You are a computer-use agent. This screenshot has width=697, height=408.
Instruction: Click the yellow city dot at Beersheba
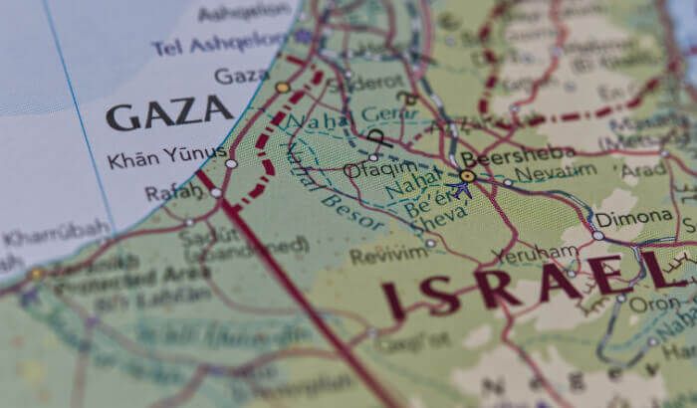(x=467, y=176)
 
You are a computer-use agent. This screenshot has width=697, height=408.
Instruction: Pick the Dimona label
(x=633, y=218)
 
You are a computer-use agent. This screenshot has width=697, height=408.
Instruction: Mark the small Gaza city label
(x=241, y=76)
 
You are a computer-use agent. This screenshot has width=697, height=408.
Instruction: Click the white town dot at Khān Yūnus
(x=231, y=162)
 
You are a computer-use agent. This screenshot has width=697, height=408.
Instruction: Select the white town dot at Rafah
(x=216, y=192)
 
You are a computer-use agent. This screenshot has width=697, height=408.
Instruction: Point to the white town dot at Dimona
(x=597, y=236)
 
